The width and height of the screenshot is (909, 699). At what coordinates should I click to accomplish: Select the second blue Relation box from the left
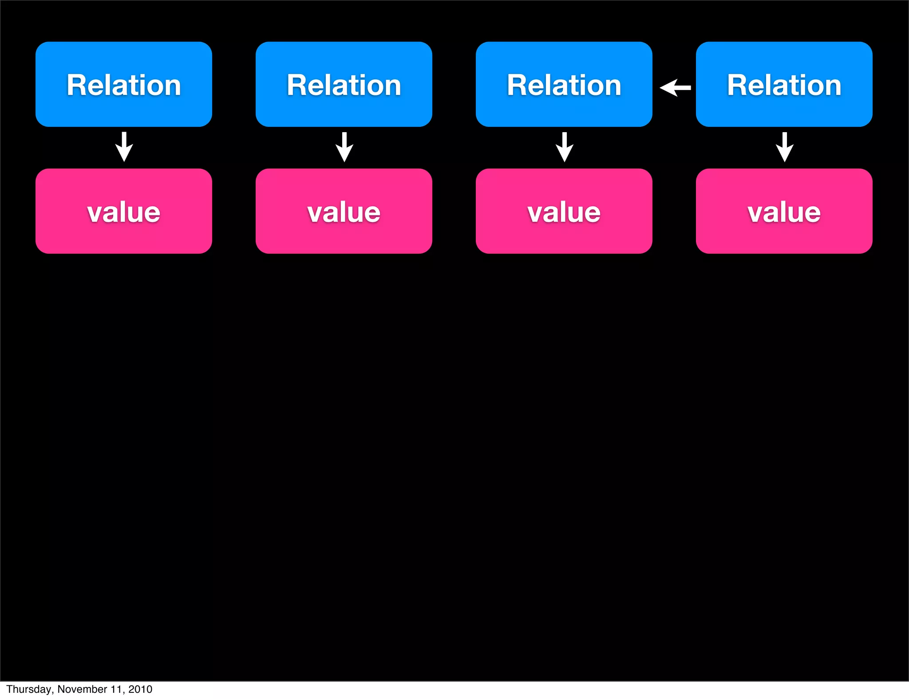click(344, 84)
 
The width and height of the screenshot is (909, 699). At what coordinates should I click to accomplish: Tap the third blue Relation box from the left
click(564, 84)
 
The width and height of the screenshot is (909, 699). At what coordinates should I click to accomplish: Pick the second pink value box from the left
click(344, 211)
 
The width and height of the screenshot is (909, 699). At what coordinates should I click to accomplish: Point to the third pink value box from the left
click(564, 211)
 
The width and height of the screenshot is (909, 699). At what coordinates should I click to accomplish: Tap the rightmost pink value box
click(784, 211)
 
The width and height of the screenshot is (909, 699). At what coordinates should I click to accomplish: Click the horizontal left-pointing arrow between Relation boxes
click(675, 87)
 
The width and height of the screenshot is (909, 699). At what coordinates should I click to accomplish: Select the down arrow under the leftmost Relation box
click(124, 147)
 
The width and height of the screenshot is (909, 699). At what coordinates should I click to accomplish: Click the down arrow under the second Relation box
click(344, 147)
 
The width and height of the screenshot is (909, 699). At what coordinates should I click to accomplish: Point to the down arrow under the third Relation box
click(565, 147)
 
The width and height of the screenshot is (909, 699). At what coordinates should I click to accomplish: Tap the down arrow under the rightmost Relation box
click(785, 147)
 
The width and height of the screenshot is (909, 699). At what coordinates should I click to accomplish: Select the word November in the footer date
click(82, 689)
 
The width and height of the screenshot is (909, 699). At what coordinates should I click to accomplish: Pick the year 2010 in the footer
click(140, 689)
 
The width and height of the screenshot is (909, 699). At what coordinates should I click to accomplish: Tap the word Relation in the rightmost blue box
click(784, 85)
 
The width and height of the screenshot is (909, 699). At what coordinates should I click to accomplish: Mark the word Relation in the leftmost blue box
click(123, 85)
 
